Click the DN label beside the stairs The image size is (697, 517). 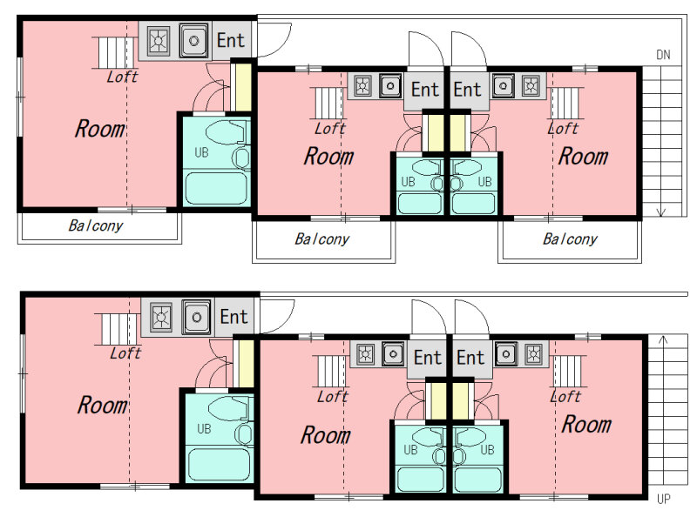pos(663,55)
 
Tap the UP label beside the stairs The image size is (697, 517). pos(663,499)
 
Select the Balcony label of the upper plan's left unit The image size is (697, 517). pos(96,225)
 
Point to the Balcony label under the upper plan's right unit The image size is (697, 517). pos(570,239)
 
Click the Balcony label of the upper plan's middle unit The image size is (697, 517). pos(321,239)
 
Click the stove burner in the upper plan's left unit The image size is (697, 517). pos(159,41)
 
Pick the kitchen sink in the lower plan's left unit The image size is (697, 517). pos(196,317)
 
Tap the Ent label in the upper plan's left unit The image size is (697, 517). pos(231,40)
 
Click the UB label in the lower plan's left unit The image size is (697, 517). pos(204,428)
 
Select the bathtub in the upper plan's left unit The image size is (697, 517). pos(216,189)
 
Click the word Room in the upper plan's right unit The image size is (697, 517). pos(583,157)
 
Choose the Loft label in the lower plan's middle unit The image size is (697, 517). pos(333,396)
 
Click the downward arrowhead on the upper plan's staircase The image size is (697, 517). pos(661,212)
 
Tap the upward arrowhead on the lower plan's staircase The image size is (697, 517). pos(663,340)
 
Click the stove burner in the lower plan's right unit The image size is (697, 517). pos(533,354)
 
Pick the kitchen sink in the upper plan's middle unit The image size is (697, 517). pos(390,85)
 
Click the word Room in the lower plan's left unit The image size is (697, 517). pos(102,406)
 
